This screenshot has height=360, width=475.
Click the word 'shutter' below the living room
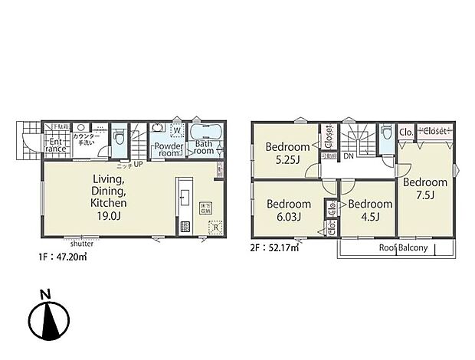point(82,244)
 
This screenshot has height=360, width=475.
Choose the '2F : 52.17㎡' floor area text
point(275,247)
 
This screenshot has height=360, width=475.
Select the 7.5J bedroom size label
point(425,196)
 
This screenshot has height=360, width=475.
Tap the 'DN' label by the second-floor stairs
point(349,156)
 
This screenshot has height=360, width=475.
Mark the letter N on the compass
point(46,293)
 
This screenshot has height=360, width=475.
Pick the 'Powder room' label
point(167,148)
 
